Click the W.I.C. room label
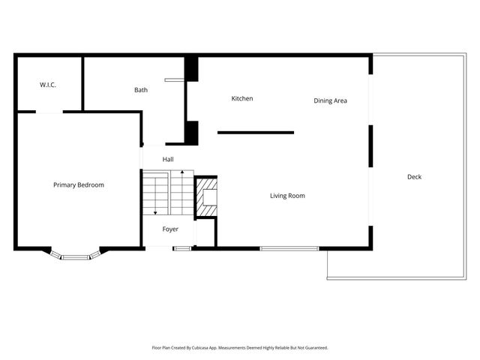click(48, 85)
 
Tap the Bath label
click(141, 90)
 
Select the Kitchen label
click(241, 98)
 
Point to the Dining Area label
click(330, 100)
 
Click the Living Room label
click(287, 196)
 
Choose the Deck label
click(414, 177)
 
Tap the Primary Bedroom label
click(78, 184)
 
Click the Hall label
click(168, 159)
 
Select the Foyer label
click(170, 229)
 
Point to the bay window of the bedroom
click(74, 256)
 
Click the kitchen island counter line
click(255, 133)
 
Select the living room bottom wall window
click(289, 248)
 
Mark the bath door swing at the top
click(175, 79)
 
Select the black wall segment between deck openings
click(370, 145)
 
